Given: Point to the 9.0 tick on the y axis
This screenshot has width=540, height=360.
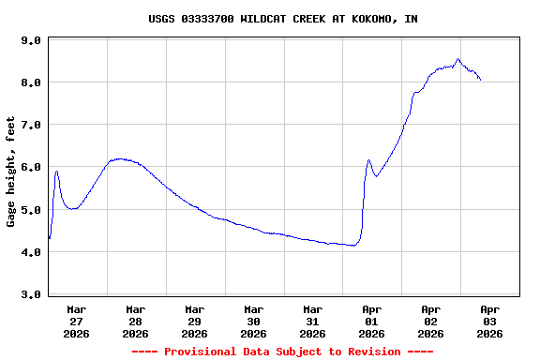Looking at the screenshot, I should pos(31,40).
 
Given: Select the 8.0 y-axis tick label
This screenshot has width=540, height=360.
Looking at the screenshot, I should pos(31,82).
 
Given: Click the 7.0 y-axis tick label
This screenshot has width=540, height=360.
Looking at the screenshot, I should pos(31,125).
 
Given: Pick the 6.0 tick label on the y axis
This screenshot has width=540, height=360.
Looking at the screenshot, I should pos(31,167).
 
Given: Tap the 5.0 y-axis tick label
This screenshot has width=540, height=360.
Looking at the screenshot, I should pos(31,210).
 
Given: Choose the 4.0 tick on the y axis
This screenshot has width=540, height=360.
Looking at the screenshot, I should pos(31,252).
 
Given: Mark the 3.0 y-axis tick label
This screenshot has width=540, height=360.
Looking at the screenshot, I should pos(31,294).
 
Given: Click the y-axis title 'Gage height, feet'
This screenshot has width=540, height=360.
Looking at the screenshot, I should pos(11,172).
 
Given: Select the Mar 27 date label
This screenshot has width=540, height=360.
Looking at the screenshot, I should pos(77,321).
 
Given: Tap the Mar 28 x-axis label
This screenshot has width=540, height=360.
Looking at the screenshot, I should pos(136,321).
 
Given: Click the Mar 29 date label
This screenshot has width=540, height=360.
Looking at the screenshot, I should pos(195,321).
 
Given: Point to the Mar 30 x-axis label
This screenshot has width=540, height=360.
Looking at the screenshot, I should pos(254,321).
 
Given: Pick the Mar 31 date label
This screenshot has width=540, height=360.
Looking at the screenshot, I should pos(313,321).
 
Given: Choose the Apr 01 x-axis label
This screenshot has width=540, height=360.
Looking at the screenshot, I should pos(372,321).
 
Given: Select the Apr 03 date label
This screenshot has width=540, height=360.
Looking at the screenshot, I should pos(489,321).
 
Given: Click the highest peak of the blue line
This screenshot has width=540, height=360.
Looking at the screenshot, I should pos(458,59).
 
